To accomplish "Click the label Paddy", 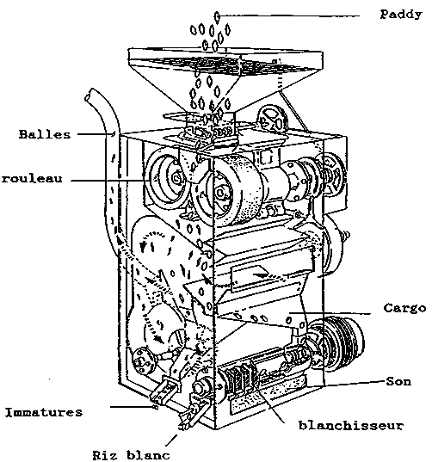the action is (x=401, y=14).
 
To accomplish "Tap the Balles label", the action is (x=45, y=134).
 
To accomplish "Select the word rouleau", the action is (x=32, y=179).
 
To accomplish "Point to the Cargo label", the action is (x=404, y=308).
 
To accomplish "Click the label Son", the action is (x=398, y=382).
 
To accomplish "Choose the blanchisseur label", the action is (x=350, y=426).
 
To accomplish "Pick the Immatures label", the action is (x=44, y=412).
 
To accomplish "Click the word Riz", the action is (x=105, y=454).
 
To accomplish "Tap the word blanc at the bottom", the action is (x=148, y=454).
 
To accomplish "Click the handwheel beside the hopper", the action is (x=272, y=119).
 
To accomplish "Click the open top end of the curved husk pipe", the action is (x=89, y=95).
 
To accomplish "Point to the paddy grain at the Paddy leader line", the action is (x=217, y=17).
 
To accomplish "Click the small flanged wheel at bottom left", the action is (x=142, y=361).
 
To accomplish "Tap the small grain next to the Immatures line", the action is (x=156, y=407).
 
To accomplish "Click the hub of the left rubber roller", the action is (x=177, y=178).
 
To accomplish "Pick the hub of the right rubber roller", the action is (x=220, y=193).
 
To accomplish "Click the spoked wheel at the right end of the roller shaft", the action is (x=332, y=174).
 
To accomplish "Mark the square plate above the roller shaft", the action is (x=267, y=157).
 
